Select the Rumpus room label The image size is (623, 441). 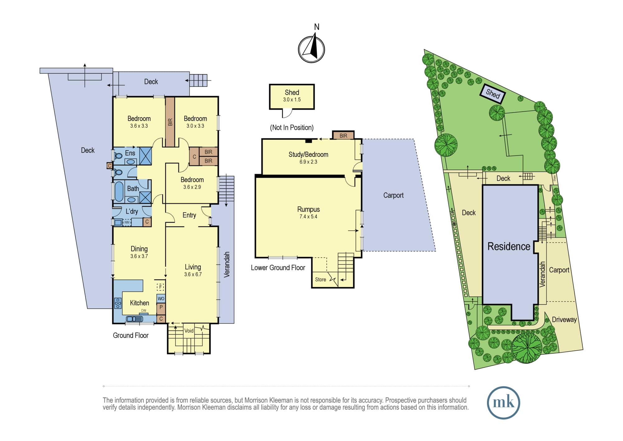[x=308, y=209]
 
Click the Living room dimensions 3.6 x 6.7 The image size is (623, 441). [x=193, y=274]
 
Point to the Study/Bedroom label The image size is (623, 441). [x=308, y=154]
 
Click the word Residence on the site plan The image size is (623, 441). [x=509, y=246]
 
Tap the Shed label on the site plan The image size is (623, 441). [x=493, y=93]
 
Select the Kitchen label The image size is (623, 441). [x=139, y=303]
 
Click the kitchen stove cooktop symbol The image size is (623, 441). [x=118, y=303]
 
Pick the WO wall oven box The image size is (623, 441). [x=161, y=298]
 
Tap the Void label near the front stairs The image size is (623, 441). [x=189, y=331]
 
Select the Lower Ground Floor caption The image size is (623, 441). [x=278, y=268]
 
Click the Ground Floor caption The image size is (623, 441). [x=131, y=335]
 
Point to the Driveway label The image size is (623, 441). [x=564, y=319]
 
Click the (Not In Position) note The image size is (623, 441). [x=292, y=128]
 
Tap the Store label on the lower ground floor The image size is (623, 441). [x=320, y=279]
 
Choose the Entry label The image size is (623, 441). [x=189, y=215]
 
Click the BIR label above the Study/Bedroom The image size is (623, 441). [x=343, y=136]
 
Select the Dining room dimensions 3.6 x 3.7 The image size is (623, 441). [x=139, y=256]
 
